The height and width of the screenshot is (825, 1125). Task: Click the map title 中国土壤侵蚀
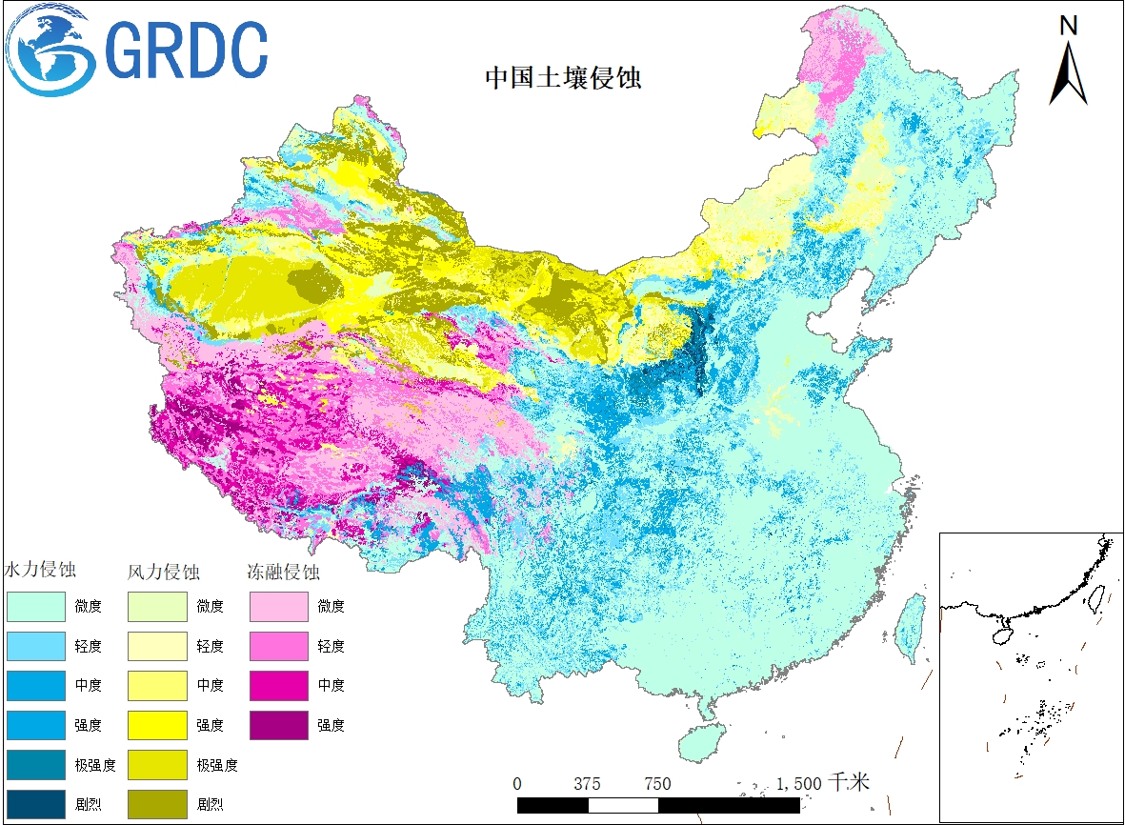click(x=563, y=77)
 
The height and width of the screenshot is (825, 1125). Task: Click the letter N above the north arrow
click(x=1069, y=26)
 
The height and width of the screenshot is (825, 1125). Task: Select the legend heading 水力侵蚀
click(x=41, y=571)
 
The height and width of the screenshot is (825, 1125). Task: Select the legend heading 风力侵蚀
click(x=163, y=573)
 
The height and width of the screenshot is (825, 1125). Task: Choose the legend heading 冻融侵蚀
click(x=283, y=573)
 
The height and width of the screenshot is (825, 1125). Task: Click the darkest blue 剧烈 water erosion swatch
click(x=35, y=804)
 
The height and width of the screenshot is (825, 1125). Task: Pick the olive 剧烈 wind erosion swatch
click(x=158, y=804)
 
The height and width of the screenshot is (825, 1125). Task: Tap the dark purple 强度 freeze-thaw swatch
click(x=279, y=725)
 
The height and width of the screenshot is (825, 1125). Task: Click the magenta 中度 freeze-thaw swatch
click(x=279, y=685)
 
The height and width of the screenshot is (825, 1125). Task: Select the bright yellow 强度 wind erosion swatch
click(x=158, y=725)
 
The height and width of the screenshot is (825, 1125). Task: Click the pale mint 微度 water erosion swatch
click(x=35, y=606)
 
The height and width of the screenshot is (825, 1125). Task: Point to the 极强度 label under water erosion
click(x=95, y=765)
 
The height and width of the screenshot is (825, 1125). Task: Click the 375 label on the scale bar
click(x=588, y=784)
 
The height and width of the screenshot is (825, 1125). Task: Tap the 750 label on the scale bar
click(x=657, y=784)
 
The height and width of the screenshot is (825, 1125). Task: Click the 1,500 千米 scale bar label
click(x=822, y=783)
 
